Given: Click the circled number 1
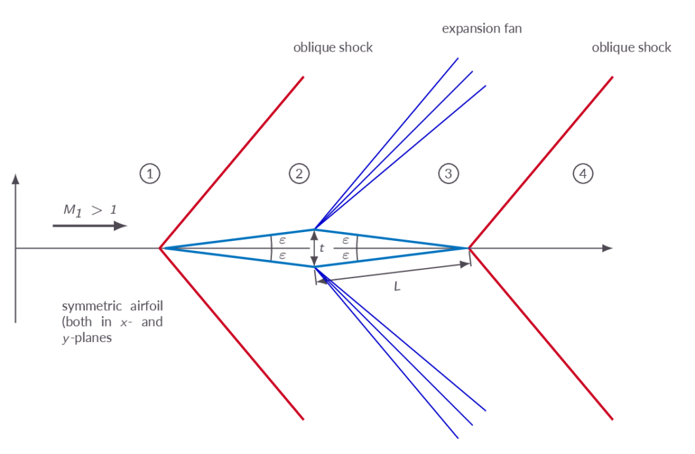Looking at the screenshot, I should (150, 174).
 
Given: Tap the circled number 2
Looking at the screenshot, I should (299, 174).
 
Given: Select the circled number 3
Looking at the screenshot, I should (448, 174).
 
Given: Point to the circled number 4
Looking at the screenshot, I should (582, 174).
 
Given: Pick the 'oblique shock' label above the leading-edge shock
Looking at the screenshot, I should (333, 48).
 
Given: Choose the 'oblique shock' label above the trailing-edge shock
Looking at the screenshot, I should (631, 48).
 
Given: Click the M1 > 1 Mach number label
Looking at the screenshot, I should (90, 210).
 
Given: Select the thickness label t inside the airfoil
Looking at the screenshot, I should (322, 248).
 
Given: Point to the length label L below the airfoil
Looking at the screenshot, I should (397, 287).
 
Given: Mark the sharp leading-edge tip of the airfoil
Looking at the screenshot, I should (160, 248).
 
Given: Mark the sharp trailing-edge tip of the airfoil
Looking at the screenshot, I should (469, 248).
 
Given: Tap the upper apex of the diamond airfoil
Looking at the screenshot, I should (314, 229).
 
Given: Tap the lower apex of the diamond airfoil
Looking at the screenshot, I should (314, 267).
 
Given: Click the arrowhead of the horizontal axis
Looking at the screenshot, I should (609, 248).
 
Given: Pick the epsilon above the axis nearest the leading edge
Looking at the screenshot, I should (282, 240).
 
